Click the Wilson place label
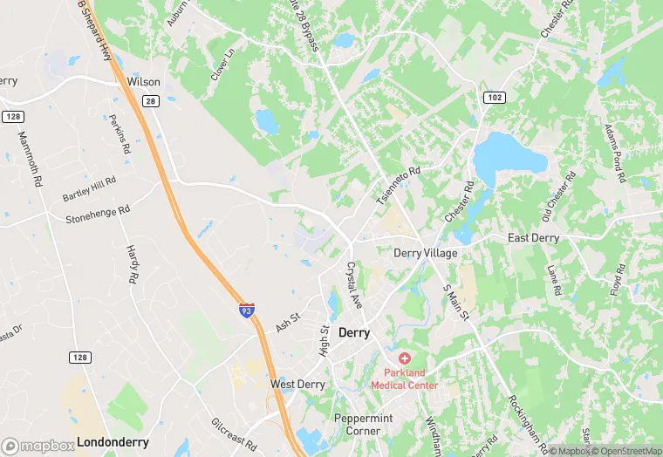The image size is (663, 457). (x=144, y=81)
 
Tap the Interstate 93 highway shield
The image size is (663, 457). (x=247, y=310)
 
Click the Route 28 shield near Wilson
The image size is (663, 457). (x=150, y=102)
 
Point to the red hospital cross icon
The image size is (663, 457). (x=405, y=358)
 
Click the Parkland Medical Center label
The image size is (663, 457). (x=405, y=379)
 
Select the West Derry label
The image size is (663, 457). (x=297, y=384)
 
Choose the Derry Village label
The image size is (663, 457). (x=426, y=253)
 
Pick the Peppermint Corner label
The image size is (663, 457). (x=364, y=424)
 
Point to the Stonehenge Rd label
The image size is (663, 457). (x=98, y=213)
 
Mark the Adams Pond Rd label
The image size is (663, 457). (x=613, y=153)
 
